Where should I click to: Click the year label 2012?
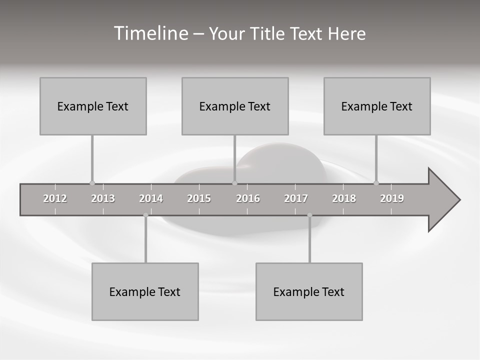coord(55,198)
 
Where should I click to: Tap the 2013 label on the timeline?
coord(103,198)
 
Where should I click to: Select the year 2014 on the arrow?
coord(151,198)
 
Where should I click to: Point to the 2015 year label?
coord(199,198)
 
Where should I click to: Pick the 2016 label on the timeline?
coord(248,198)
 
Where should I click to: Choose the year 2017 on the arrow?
coord(296,198)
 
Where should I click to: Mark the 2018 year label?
coord(344,198)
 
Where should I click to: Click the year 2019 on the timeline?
coord(392,198)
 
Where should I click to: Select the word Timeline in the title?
coord(150,33)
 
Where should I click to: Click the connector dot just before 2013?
coord(92,183)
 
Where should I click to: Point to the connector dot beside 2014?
coord(145,215)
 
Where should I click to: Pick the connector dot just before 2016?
coord(234,183)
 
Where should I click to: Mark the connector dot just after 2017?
coord(309,215)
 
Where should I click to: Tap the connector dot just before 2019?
coord(376,183)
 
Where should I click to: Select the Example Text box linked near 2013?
coord(93,106)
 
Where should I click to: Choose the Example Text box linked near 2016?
coord(235,106)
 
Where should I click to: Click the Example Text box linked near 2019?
coord(377,106)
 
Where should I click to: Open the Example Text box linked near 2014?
coord(145,291)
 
